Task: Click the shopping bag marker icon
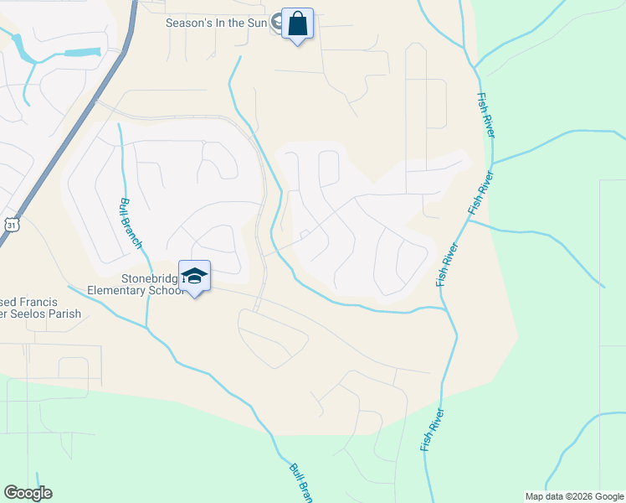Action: (297, 23)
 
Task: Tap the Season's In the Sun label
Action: (216, 23)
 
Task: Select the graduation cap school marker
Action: (194, 277)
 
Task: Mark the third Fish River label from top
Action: (447, 265)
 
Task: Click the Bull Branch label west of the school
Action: (131, 223)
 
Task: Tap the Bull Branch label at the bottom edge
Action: (300, 484)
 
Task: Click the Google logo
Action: (28, 493)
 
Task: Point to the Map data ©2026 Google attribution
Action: (573, 496)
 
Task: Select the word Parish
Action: (63, 314)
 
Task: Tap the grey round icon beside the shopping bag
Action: (276, 23)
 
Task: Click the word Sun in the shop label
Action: (254, 23)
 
